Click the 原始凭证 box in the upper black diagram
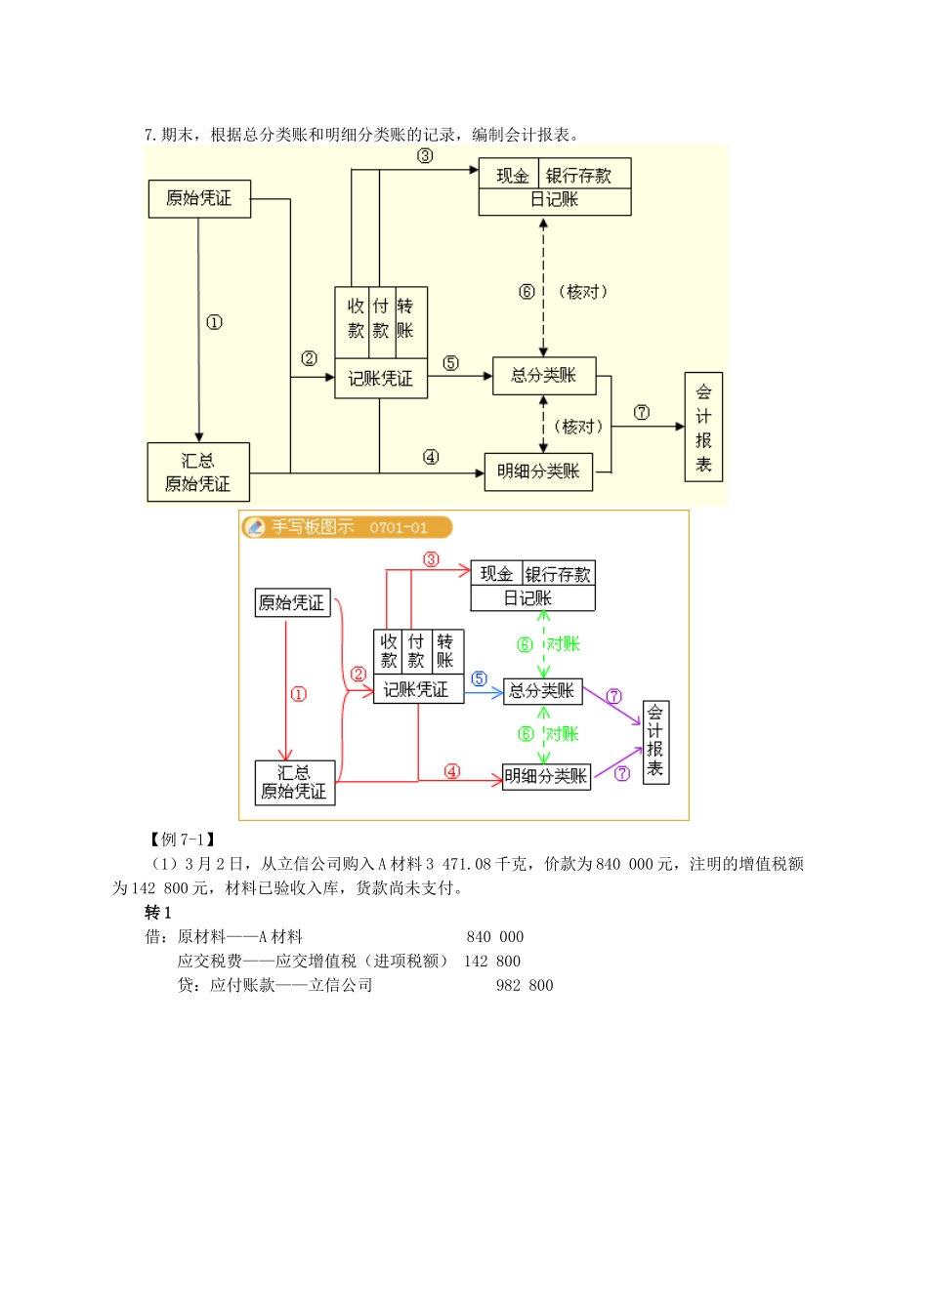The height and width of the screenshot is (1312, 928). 199,198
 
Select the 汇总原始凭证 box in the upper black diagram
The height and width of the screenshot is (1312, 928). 198,472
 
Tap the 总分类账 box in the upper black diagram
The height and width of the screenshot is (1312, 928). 543,376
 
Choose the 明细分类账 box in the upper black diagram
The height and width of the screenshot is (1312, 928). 538,471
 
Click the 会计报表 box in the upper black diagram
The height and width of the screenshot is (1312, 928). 703,428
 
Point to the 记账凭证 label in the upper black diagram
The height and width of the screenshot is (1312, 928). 381,379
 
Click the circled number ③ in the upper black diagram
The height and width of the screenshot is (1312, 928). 425,156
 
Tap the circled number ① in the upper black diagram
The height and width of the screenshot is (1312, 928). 214,322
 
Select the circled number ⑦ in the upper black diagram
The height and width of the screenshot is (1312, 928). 642,412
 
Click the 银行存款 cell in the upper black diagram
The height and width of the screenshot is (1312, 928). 578,176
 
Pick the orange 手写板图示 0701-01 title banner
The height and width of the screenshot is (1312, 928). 348,527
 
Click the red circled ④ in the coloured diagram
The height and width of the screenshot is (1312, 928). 451,771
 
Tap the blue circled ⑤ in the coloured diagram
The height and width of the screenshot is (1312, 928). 479,678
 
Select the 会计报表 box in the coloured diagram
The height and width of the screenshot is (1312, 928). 655,742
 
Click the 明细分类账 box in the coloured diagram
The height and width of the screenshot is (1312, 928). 546,777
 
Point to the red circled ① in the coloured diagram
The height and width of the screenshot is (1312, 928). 299,694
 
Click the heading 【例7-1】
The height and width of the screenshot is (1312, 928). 182,840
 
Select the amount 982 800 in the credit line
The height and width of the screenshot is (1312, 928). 525,986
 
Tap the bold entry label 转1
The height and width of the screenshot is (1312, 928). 158,913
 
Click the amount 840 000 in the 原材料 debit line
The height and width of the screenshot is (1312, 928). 495,937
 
